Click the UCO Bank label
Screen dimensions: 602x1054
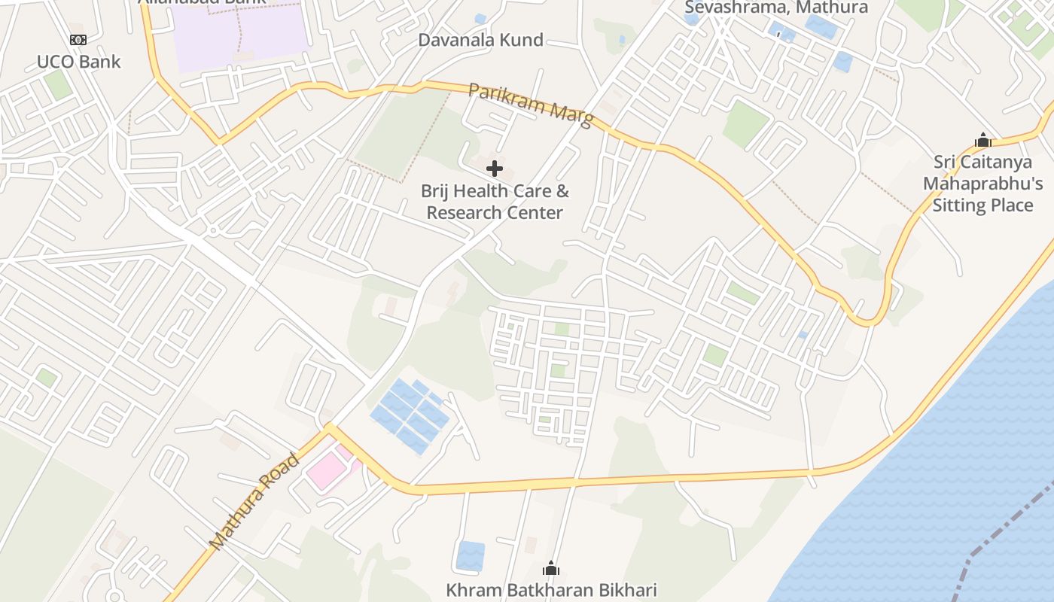point(78,62)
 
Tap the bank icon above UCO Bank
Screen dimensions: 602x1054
point(78,40)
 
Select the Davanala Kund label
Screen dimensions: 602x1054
point(480,40)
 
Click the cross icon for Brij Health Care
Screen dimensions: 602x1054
point(495,169)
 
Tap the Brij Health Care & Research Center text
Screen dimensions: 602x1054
point(495,202)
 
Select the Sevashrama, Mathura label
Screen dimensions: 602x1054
point(776,8)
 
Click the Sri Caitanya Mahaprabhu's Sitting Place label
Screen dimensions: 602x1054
point(982,184)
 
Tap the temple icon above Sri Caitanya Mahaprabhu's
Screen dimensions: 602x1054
point(982,140)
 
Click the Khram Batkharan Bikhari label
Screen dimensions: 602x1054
point(551,590)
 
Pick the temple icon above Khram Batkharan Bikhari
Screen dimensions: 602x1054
point(551,568)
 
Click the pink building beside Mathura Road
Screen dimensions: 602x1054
point(325,472)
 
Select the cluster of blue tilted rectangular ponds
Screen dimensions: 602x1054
point(411,415)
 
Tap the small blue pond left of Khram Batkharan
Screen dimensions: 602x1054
point(471,556)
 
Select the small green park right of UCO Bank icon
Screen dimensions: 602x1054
point(58,85)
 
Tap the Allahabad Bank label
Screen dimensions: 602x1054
point(202,2)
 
